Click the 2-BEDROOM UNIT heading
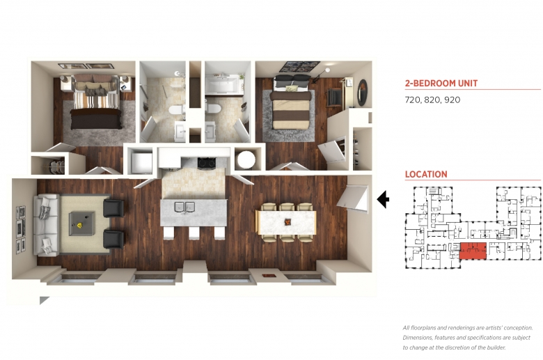pos(441,83)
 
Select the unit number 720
pos(412,100)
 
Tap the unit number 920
pos(452,100)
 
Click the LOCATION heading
pos(426,174)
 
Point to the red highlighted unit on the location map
pos(473,251)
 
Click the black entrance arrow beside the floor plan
pos(383,199)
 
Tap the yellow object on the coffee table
pos(80,226)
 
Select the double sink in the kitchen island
pos(184,207)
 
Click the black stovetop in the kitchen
pos(206,162)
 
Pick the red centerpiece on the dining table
pos(288,221)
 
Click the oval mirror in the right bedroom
pos(362,93)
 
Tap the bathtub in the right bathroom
pos(221,85)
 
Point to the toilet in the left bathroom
pos(177,111)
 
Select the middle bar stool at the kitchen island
pos(194,233)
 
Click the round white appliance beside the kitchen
pos(246,159)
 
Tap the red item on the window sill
pos(269,276)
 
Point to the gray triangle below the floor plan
pos(43,300)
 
